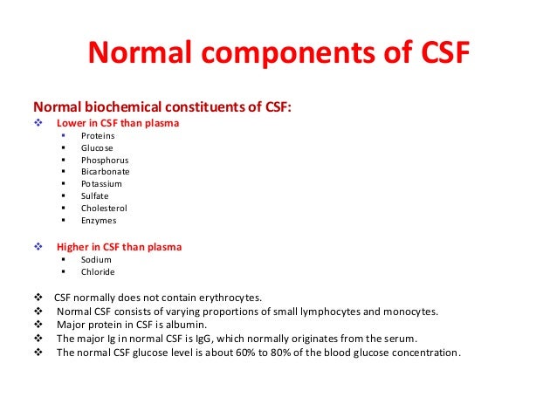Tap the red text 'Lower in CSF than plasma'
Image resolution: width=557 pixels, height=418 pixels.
118,123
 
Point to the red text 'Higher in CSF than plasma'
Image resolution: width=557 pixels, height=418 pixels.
119,247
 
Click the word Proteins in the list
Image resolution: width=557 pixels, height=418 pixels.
98,136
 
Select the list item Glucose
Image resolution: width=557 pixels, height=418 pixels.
97,148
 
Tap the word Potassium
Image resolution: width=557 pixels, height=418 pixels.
101,184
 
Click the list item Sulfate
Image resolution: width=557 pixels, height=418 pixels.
95,196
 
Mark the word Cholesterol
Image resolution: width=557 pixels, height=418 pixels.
104,209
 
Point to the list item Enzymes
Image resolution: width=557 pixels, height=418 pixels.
99,221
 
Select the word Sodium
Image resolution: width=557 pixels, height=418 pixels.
96,259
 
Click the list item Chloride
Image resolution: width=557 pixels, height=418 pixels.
98,271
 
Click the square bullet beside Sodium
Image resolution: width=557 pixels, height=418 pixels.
65,259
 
